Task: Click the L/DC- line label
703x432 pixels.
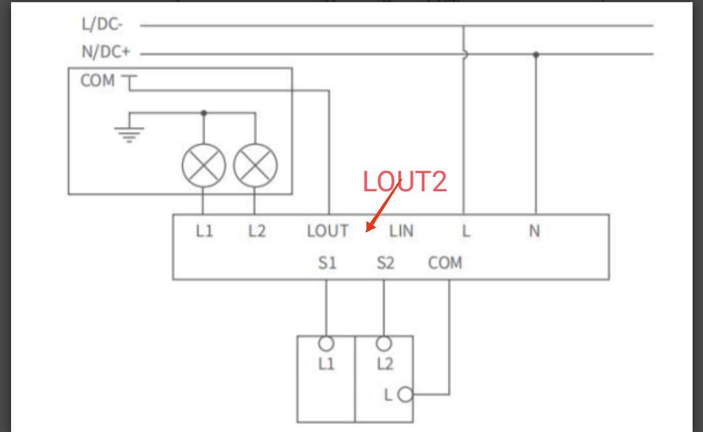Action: pos(102,25)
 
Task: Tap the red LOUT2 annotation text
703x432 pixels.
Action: pos(405,182)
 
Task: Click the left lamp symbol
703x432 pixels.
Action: pos(204,165)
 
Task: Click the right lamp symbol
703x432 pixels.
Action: pos(255,165)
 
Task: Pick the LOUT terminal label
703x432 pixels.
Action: pos(327,231)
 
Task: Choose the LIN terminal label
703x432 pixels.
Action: pos(401,231)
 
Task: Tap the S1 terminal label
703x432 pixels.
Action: pos(327,263)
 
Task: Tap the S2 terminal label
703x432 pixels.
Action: pos(385,263)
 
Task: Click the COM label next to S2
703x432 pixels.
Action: pos(445,263)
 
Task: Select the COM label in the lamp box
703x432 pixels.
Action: pos(98,81)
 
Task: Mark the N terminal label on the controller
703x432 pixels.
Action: pos(534,231)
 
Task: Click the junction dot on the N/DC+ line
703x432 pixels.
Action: pos(536,55)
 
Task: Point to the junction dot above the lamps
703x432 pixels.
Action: pos(204,113)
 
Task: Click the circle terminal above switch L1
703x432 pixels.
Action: pos(326,344)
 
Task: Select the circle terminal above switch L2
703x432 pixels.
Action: pos(384,344)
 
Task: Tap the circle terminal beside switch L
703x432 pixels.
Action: pos(405,394)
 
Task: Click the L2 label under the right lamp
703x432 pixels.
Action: pos(257,231)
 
